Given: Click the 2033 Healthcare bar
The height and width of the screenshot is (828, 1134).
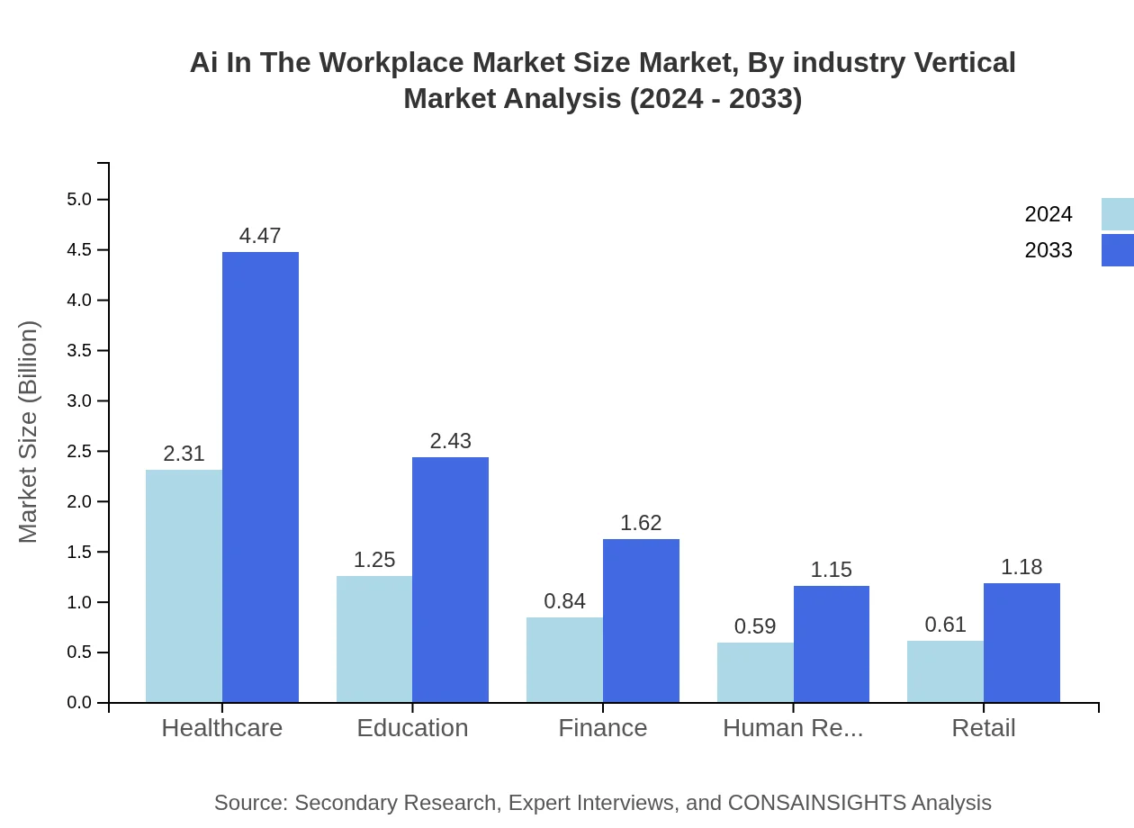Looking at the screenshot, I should [x=260, y=477].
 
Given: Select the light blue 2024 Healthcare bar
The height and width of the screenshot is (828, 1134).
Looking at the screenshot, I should [x=184, y=586].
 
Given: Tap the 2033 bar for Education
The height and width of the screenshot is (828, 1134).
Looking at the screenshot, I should [x=450, y=580].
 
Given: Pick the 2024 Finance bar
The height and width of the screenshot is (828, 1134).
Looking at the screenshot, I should [x=564, y=660].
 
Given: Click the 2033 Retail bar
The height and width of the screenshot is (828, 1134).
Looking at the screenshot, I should [x=1021, y=643].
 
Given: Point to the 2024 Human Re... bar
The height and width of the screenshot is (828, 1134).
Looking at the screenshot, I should [x=755, y=672].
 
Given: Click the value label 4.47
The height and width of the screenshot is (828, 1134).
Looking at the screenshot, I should [x=260, y=236].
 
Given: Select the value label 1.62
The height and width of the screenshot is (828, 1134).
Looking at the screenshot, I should [x=641, y=523].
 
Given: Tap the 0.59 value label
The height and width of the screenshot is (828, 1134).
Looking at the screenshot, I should [x=755, y=626].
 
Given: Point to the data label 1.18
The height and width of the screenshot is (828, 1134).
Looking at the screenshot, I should [x=1021, y=567].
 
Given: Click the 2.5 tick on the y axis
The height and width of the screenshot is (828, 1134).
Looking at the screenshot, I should [x=79, y=451].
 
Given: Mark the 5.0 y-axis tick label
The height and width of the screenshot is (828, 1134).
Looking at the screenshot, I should [x=79, y=199].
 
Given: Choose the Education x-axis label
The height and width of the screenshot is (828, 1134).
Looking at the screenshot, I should [x=412, y=728].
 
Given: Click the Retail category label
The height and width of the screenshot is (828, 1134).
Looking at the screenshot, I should [x=984, y=728].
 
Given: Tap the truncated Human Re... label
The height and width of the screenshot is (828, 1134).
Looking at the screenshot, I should [x=793, y=728].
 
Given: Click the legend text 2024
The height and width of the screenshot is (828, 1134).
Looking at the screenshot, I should [x=1048, y=214].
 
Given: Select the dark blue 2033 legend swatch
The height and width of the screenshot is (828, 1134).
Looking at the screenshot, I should [x=1118, y=250].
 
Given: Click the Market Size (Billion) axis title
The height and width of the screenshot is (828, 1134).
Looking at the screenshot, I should [x=29, y=432].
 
